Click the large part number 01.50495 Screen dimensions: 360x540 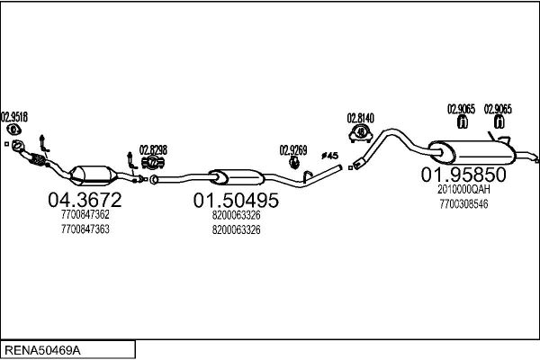pyautogui.click(x=236, y=200)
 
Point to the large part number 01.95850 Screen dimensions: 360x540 pyautogui.click(x=464, y=175)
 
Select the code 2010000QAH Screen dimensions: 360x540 pyautogui.click(x=464, y=190)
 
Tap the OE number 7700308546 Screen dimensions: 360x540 pyautogui.click(x=464, y=204)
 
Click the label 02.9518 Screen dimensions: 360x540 pyautogui.click(x=14, y=116)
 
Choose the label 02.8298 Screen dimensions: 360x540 pyautogui.click(x=152, y=149)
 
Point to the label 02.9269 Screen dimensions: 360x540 pyautogui.click(x=293, y=149)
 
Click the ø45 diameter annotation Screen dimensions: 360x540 pyautogui.click(x=330, y=157)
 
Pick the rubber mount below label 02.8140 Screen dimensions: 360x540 pyautogui.click(x=361, y=133)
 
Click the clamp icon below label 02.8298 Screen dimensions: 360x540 pyautogui.click(x=152, y=163)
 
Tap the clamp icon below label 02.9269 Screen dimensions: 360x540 pyautogui.click(x=293, y=163)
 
